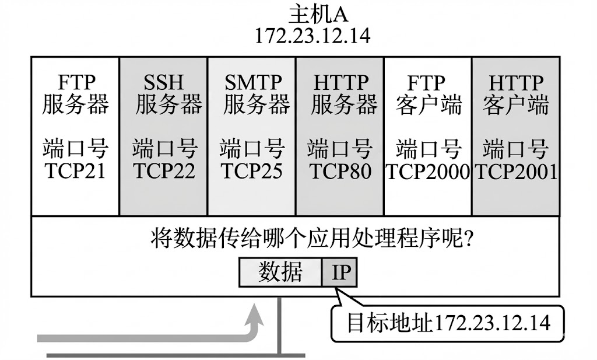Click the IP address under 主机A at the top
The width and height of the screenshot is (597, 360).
[313, 35]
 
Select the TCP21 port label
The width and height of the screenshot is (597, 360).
[75, 172]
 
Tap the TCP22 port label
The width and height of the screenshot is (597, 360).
[164, 172]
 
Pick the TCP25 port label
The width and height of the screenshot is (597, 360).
[251, 172]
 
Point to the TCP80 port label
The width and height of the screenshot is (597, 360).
[339, 172]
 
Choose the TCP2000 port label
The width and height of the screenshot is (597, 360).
[429, 172]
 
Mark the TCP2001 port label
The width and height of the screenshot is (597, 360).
[516, 172]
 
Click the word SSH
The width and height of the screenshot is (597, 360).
[164, 83]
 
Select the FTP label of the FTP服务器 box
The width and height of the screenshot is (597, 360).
[76, 83]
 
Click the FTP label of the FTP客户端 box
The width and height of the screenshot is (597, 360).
[427, 83]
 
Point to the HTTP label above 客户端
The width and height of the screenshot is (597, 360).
[516, 83]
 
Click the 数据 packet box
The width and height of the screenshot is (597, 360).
[280, 272]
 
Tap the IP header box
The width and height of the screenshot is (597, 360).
[339, 272]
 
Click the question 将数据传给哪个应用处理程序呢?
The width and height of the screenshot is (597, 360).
[311, 240]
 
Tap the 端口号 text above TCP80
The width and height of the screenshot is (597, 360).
[339, 149]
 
